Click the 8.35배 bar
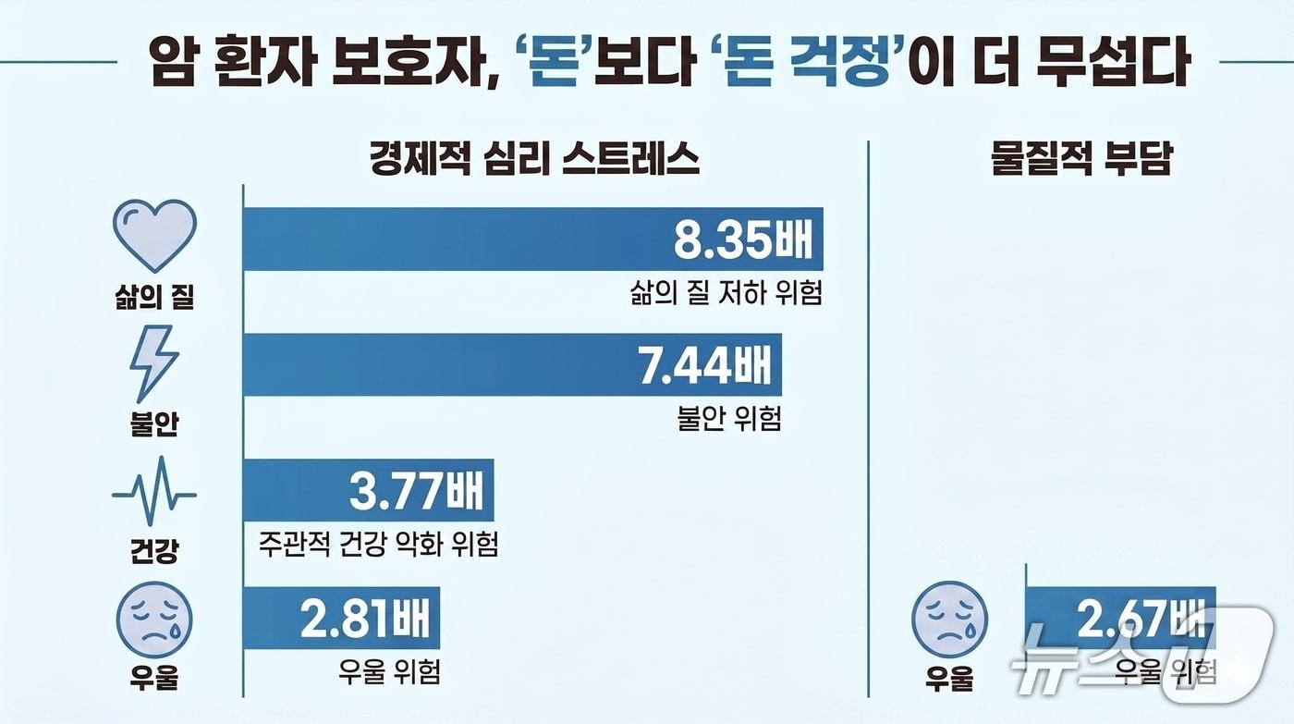(533, 239)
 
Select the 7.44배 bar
(512, 364)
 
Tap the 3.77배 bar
(369, 490)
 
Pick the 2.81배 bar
(341, 618)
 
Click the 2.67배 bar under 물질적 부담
(1121, 618)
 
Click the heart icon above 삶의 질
(155, 235)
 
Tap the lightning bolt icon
(153, 364)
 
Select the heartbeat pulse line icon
(154, 491)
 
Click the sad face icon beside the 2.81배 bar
(154, 619)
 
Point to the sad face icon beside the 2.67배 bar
(949, 619)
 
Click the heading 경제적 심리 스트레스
(534, 158)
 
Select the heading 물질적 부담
(1081, 158)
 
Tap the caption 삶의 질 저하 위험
(726, 293)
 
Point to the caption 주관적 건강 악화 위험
(378, 543)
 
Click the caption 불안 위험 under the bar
(729, 418)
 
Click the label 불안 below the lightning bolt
(154, 423)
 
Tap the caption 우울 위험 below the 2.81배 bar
(389, 671)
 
